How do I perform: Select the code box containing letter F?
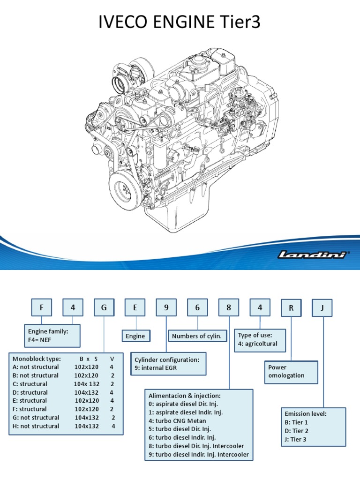click(41, 307)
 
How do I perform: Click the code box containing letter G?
click(104, 307)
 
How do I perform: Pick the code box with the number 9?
click(166, 307)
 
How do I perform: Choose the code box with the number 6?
click(197, 307)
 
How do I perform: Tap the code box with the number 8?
click(229, 307)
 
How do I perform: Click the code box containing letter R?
click(291, 308)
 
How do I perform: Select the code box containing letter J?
click(322, 308)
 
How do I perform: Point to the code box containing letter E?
click(135, 307)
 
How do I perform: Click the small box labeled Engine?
click(135, 336)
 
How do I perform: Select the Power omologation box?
click(291, 372)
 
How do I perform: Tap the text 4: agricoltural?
click(258, 344)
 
